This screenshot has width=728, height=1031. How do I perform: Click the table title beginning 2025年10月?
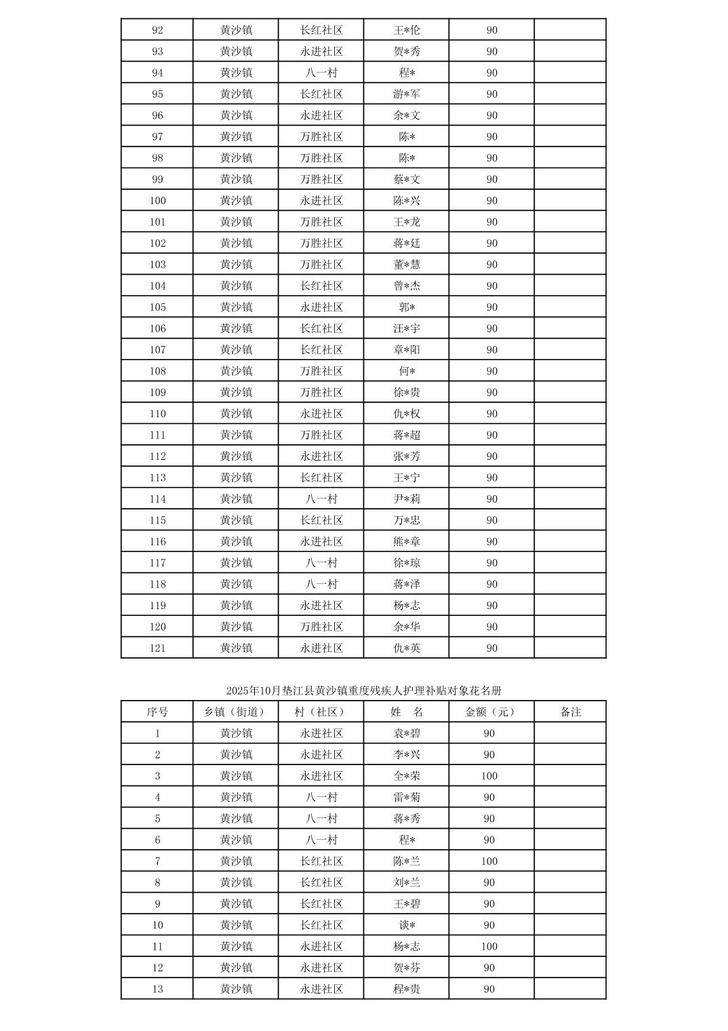click(x=363, y=690)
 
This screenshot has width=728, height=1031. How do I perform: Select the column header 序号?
click(x=157, y=712)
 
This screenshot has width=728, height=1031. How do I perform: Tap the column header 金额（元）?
click(x=491, y=712)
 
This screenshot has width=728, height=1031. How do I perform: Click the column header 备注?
click(x=570, y=712)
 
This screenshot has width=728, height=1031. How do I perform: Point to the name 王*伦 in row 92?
click(x=407, y=30)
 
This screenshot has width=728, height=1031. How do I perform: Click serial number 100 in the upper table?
click(x=157, y=201)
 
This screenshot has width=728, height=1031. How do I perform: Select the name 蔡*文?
click(x=407, y=179)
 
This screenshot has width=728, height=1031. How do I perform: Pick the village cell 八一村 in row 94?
click(x=321, y=73)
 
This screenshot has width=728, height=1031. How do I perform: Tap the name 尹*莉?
click(x=407, y=499)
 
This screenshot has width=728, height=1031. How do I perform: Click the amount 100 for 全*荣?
click(x=489, y=776)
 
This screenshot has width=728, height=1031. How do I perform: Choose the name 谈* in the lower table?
click(x=407, y=925)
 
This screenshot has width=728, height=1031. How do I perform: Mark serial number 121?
click(x=157, y=648)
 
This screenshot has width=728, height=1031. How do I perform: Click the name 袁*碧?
click(x=407, y=733)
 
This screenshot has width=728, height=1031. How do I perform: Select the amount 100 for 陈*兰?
click(x=489, y=861)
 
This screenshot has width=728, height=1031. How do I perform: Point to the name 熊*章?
click(x=407, y=541)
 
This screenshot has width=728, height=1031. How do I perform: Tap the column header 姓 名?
click(x=407, y=712)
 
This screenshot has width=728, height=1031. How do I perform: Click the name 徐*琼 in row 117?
click(x=407, y=563)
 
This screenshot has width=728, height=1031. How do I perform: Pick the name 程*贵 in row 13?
click(x=407, y=989)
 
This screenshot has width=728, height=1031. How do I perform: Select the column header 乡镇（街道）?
click(x=236, y=712)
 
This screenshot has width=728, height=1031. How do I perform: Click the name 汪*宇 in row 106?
click(x=407, y=328)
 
